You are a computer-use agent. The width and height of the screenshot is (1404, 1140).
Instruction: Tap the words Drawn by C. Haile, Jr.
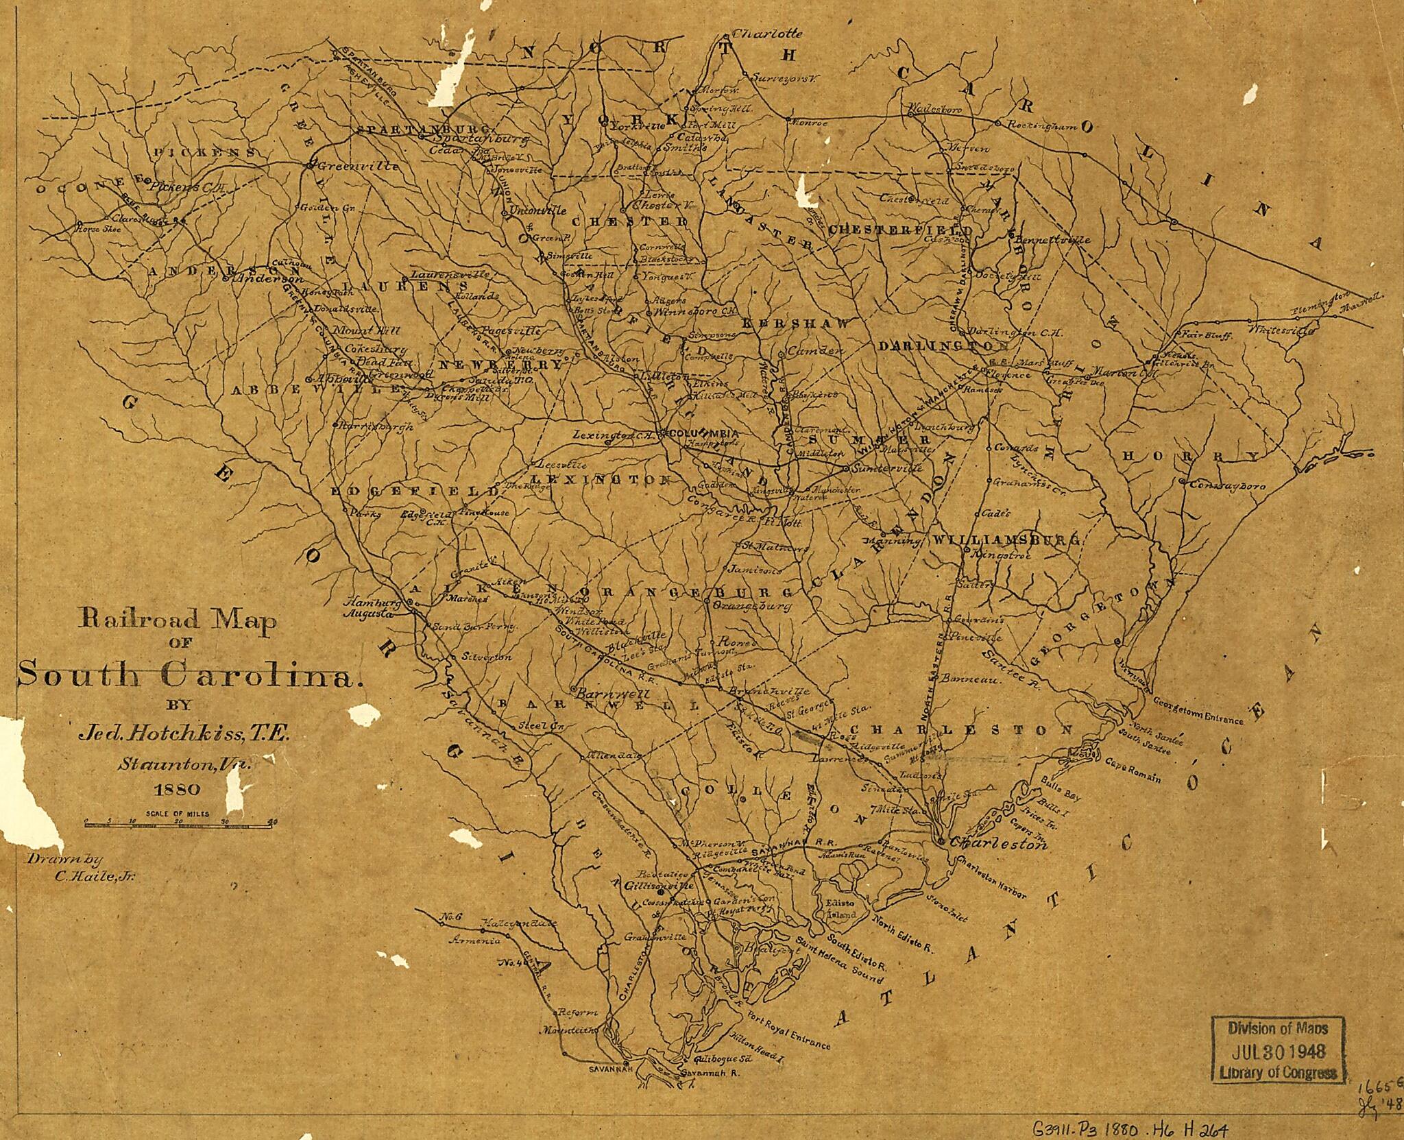[81, 866]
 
